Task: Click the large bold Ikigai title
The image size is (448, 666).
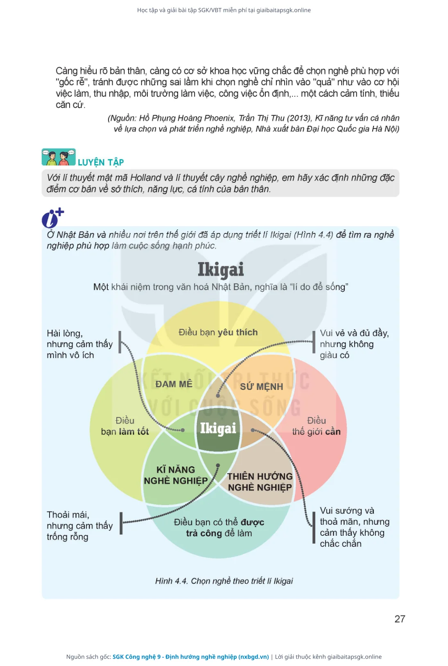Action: click(x=221, y=270)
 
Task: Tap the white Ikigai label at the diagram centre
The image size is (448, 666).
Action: click(x=218, y=428)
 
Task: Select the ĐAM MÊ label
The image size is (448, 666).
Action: click(x=174, y=384)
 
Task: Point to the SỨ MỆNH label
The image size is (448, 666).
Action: click(x=262, y=387)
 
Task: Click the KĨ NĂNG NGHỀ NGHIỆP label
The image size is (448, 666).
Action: click(x=176, y=475)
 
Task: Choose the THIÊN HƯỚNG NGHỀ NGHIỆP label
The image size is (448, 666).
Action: click(x=260, y=482)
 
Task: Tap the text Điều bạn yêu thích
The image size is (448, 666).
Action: click(x=218, y=332)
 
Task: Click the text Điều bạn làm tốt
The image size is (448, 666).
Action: click(x=125, y=426)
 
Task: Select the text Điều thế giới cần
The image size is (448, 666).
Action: click(x=316, y=426)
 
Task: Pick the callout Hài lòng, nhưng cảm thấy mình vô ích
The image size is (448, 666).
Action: click(x=80, y=344)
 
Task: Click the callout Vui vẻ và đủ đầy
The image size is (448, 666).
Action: click(x=354, y=344)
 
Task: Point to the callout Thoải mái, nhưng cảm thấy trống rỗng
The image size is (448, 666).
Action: click(x=80, y=526)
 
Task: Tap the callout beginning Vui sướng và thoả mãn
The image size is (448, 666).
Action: click(x=355, y=527)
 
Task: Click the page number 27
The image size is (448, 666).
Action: click(x=400, y=619)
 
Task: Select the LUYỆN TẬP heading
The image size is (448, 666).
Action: click(x=101, y=162)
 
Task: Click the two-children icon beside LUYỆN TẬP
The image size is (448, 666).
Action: click(x=59, y=157)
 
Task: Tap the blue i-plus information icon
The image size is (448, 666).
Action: click(x=53, y=217)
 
